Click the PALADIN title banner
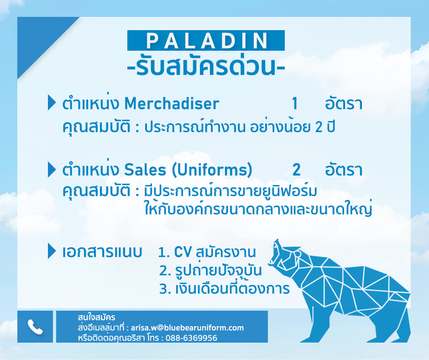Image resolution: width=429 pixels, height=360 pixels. coord(206,41)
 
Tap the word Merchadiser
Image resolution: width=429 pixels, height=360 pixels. coord(172,103)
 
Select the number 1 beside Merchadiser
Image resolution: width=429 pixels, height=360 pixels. coord(294,104)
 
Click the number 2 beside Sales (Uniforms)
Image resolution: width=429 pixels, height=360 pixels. coord(296,169)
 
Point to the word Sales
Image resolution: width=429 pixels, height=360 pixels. coord(145,169)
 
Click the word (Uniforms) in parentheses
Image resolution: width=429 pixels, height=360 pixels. coord(212,170)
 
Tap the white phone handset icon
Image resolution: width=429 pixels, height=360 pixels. coord(35,327)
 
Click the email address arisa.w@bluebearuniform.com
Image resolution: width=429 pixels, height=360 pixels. coord(187,328)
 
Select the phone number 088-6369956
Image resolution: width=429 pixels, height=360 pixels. coord(191,338)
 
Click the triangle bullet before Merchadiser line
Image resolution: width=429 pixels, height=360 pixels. coord(52,102)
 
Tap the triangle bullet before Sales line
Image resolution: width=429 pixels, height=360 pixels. coord(52,169)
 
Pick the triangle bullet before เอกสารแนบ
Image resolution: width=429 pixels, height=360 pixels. coord(52,251)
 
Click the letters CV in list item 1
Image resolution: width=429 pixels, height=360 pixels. coord(183,252)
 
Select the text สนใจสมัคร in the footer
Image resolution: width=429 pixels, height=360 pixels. coord(96,317)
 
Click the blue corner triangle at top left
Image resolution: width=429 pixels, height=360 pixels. coord(38,38)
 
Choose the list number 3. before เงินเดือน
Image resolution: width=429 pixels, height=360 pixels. coord(165,289)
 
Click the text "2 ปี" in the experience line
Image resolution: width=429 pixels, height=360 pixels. coord(325,127)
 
